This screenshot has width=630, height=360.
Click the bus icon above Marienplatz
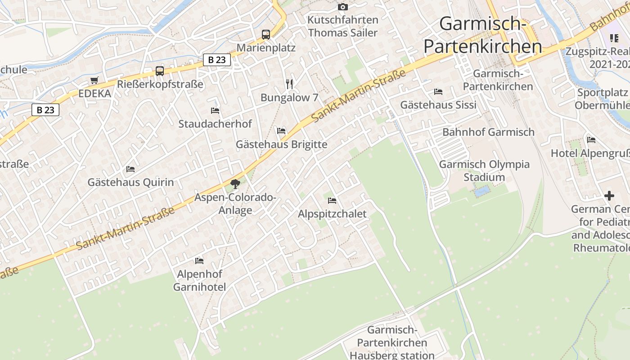(x=266, y=34)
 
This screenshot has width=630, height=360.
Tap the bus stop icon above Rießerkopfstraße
(x=160, y=71)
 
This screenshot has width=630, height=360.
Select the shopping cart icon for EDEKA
(x=94, y=81)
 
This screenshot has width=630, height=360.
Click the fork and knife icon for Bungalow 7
(x=289, y=84)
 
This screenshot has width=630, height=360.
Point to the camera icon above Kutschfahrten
(x=343, y=7)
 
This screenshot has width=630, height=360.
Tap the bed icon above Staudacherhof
(x=215, y=110)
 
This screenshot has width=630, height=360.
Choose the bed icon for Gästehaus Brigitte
(x=281, y=131)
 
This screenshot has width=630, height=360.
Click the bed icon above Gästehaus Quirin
(x=130, y=169)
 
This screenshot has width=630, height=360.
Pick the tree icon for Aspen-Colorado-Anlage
(x=235, y=184)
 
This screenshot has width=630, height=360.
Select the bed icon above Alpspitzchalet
(x=332, y=200)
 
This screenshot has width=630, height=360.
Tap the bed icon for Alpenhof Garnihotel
(x=199, y=261)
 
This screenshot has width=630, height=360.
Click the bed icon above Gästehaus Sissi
(x=438, y=91)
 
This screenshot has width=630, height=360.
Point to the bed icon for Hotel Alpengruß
(x=591, y=139)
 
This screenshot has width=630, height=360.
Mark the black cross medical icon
(x=609, y=196)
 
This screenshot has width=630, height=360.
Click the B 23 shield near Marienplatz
(x=217, y=60)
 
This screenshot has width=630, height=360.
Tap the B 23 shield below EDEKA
(x=45, y=109)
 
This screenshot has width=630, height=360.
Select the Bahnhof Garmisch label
(x=488, y=132)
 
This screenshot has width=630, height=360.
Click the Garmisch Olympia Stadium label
(x=484, y=171)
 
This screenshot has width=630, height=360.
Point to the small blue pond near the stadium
(x=481, y=192)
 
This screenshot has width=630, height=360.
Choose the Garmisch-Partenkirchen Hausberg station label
(x=392, y=342)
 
